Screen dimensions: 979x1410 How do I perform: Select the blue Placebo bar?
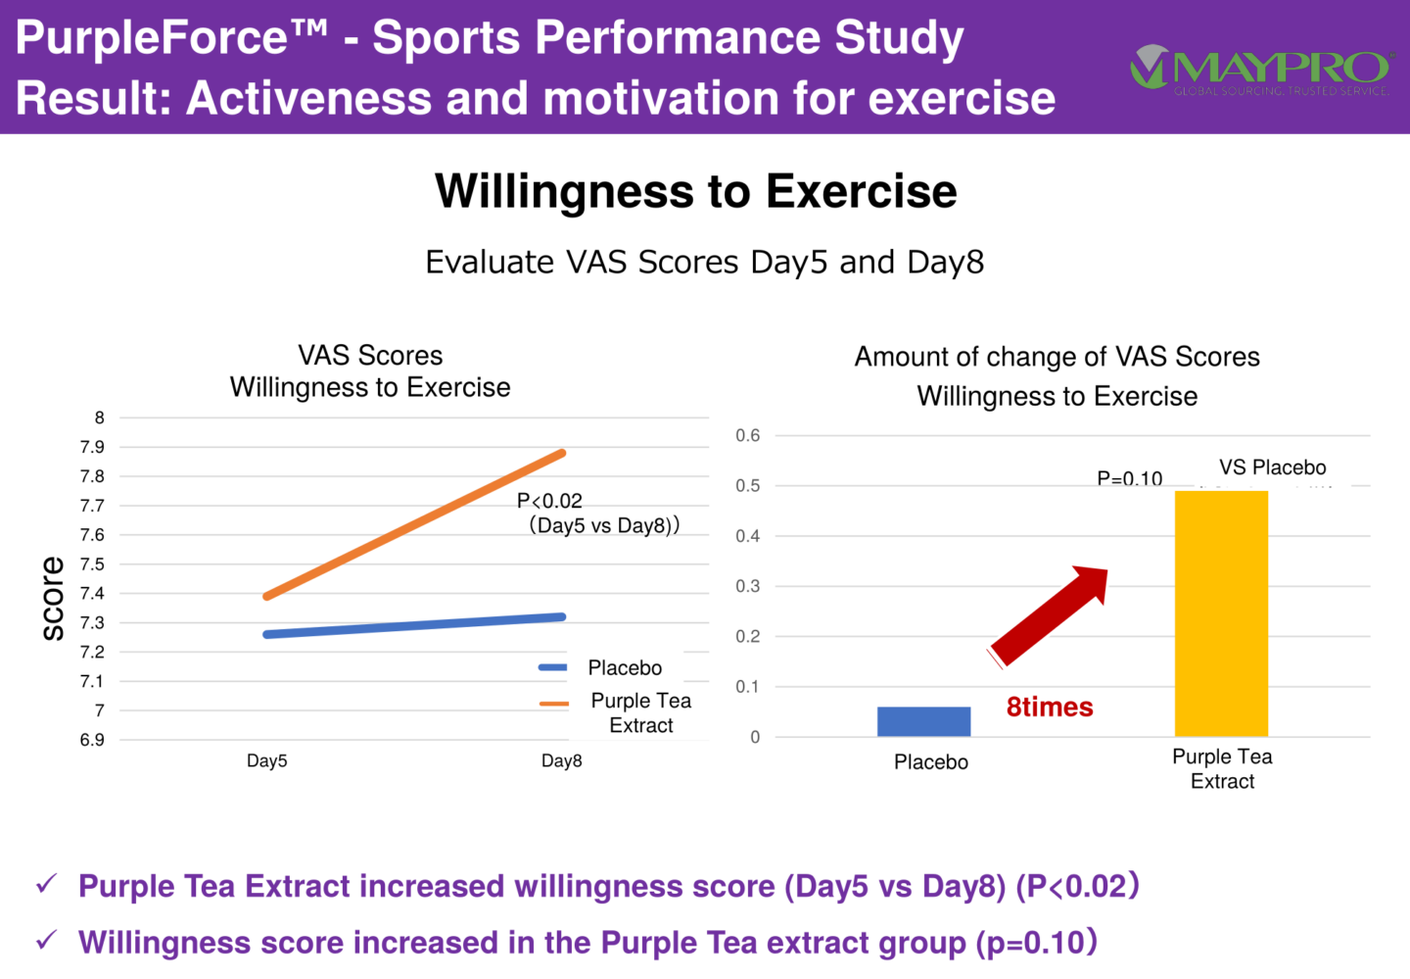click(x=923, y=721)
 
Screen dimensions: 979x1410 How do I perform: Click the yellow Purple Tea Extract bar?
click(x=1221, y=613)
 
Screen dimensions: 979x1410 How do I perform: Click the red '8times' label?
click(x=1050, y=708)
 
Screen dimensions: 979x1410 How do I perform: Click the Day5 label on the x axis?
click(x=266, y=761)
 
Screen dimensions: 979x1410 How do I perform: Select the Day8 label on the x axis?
click(x=561, y=761)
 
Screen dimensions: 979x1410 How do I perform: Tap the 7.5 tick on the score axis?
click(x=92, y=564)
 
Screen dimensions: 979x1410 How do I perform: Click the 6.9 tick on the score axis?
click(x=92, y=740)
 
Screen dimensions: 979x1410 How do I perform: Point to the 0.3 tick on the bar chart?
click(x=748, y=586)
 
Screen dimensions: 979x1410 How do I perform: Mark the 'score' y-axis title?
click(x=53, y=599)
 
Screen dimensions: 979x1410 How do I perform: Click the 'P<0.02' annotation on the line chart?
click(x=549, y=501)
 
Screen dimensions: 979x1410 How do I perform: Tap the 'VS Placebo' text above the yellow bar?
click(x=1272, y=467)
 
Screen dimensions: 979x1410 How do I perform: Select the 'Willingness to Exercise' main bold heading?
click(x=695, y=191)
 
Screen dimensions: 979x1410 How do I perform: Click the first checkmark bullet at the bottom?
click(x=46, y=885)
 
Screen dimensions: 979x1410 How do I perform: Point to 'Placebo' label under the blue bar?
click(x=930, y=762)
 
